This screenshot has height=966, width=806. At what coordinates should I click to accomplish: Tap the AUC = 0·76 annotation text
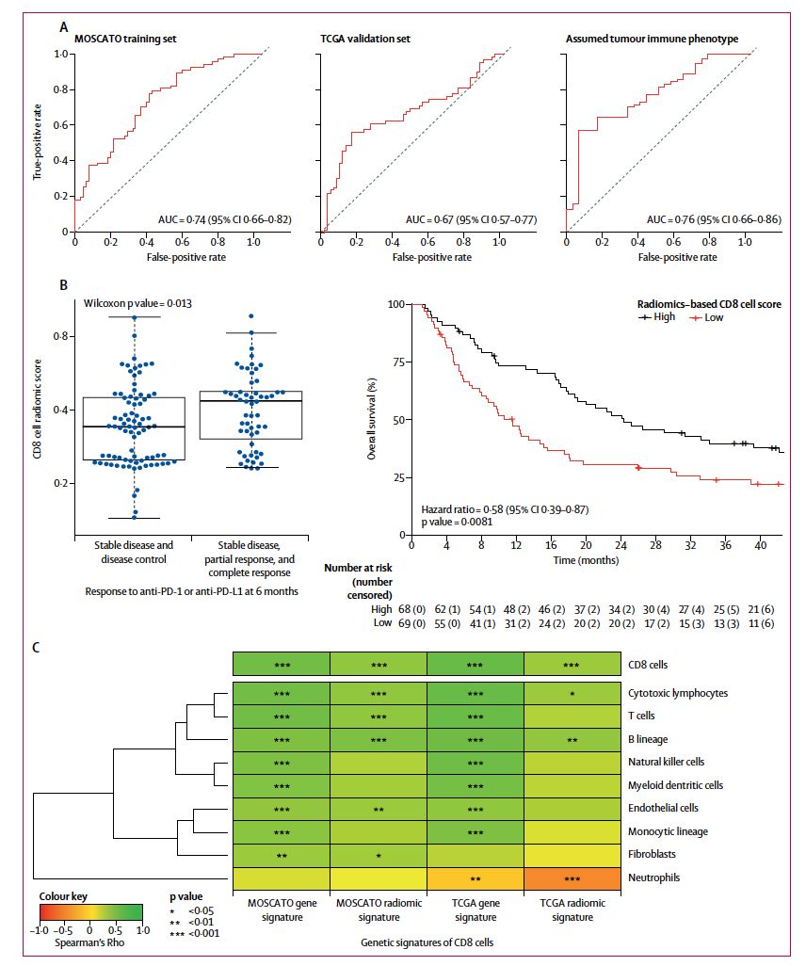pyautogui.click(x=693, y=219)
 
